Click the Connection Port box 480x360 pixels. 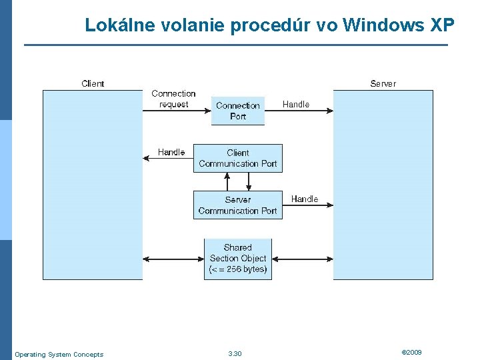tap(238, 111)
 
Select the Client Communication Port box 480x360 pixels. tap(238, 158)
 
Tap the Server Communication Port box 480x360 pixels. tap(238, 205)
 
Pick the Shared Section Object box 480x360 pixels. tap(238, 259)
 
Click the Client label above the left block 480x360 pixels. tap(93, 83)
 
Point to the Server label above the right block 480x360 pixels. tap(383, 83)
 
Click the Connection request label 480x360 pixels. tap(173, 99)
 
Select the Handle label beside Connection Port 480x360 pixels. tap(296, 104)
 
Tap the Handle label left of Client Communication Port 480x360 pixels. tap(171, 152)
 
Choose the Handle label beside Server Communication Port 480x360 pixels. tap(305, 199)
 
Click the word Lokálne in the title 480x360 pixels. tap(115, 25)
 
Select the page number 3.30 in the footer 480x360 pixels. tap(235, 354)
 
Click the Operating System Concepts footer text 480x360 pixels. tap(59, 355)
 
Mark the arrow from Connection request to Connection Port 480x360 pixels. tap(177, 111)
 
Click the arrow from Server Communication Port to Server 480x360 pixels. tap(307, 206)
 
